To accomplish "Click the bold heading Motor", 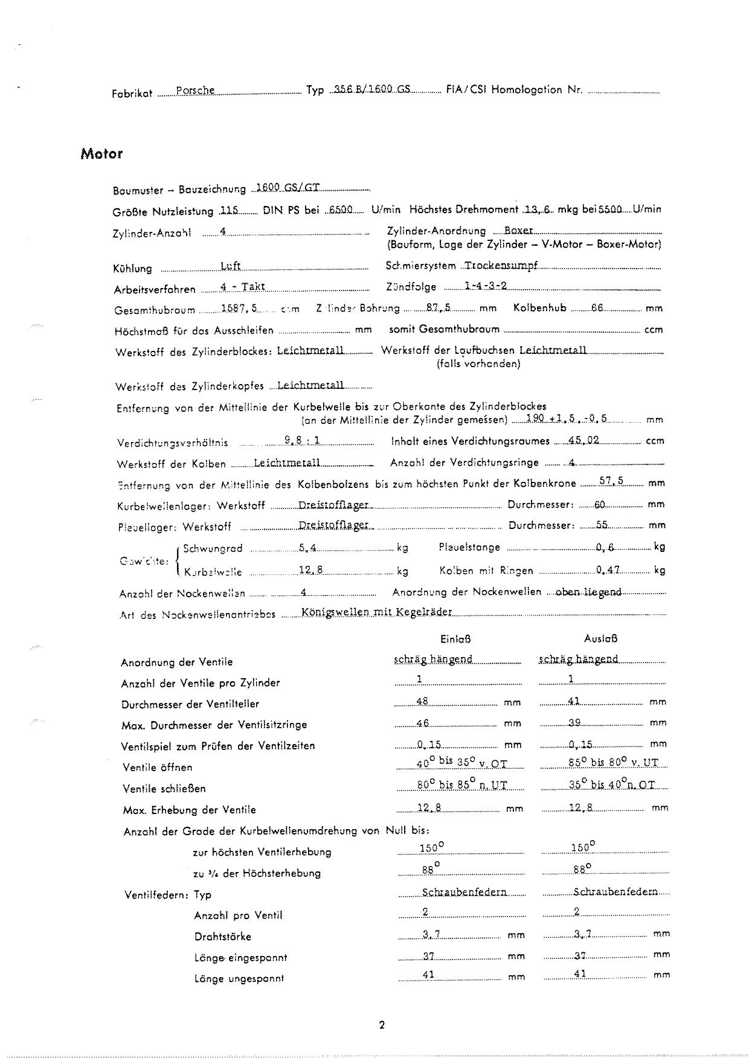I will [101, 154].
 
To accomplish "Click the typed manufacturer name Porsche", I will [195, 91].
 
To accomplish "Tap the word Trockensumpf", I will [501, 264].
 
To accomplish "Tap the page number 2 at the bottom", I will [381, 1024].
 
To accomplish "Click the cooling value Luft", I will [230, 266].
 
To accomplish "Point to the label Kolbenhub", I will [539, 307].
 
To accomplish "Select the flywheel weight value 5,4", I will [307, 548].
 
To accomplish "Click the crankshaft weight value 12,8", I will [311, 569].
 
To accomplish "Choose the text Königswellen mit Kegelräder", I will [376, 612].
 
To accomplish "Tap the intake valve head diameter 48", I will [422, 701].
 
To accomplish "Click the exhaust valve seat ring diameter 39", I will [574, 722].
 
